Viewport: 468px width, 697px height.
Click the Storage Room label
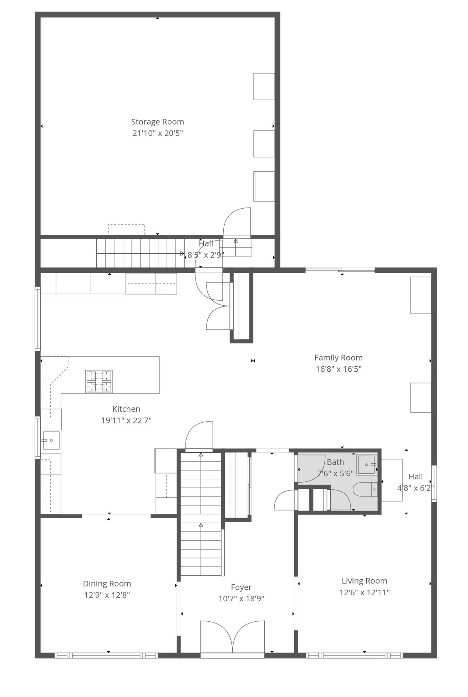coord(157,122)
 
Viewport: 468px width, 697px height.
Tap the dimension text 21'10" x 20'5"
coord(157,133)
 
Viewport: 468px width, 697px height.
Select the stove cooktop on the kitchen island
coord(99,381)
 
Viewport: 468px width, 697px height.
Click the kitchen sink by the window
coord(51,441)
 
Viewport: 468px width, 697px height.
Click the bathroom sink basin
coord(367,464)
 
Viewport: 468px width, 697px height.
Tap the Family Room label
coord(338,357)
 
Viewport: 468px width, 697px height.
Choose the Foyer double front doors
coord(232,637)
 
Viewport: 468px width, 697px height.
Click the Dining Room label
coord(107,584)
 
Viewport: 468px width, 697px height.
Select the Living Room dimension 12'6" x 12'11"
coord(364,592)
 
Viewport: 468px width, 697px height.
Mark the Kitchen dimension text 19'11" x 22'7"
coord(126,420)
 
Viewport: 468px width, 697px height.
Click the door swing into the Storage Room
coord(237,222)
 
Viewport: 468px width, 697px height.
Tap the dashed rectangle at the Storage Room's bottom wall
coord(126,229)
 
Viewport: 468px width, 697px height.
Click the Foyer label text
coord(241,587)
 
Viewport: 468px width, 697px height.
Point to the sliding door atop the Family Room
coord(340,270)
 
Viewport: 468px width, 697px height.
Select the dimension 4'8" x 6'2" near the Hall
coord(415,488)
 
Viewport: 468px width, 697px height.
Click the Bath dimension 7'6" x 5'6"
coord(335,473)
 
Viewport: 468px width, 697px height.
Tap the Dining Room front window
coord(106,655)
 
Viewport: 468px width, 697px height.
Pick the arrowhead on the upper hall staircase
coord(182,253)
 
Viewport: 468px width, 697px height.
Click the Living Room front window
coord(354,655)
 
